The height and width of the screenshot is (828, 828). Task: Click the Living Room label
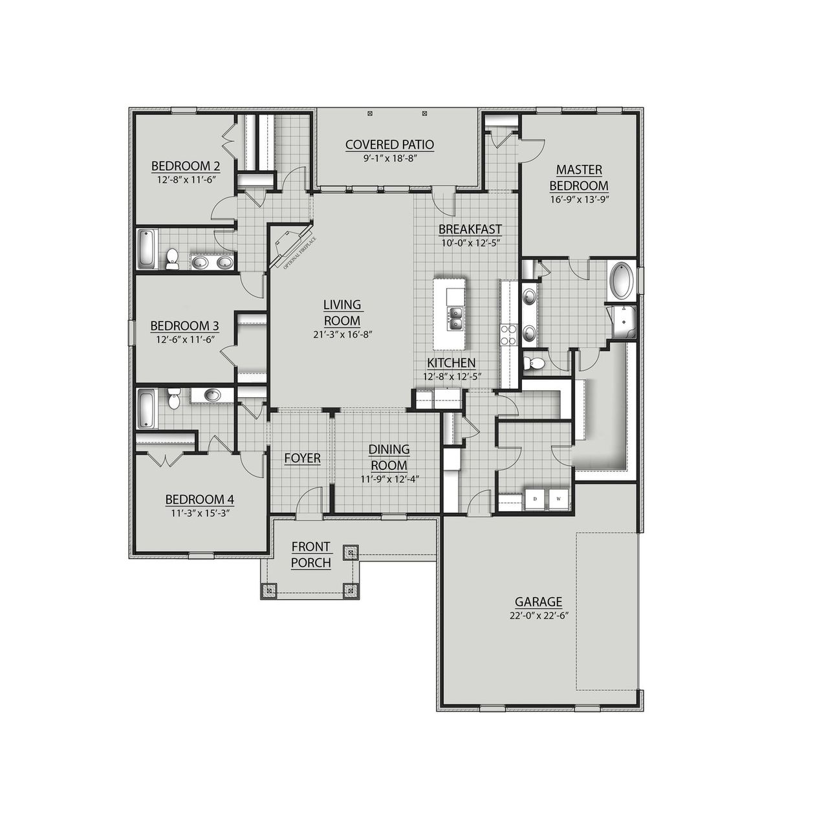point(342,312)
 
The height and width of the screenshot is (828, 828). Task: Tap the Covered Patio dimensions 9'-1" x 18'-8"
point(389,158)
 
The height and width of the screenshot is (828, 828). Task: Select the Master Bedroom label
point(579,177)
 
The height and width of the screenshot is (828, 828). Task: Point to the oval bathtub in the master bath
point(622,280)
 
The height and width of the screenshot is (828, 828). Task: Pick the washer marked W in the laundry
point(558,499)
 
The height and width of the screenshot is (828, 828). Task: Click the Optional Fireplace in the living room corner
point(289,245)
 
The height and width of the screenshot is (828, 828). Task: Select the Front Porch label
point(310,555)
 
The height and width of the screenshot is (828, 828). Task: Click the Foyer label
point(302,458)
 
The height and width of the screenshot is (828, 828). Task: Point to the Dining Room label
point(389,457)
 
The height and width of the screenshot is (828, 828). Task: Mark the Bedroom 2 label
point(185,166)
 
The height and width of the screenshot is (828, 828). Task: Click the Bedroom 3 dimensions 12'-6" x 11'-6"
point(184,338)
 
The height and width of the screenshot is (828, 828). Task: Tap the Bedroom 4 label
point(199,499)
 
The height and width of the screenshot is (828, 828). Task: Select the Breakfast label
point(470,229)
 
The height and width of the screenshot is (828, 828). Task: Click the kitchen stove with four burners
point(508,334)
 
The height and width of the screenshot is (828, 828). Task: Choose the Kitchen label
point(451,363)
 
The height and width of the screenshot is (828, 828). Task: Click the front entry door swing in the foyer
point(310,501)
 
